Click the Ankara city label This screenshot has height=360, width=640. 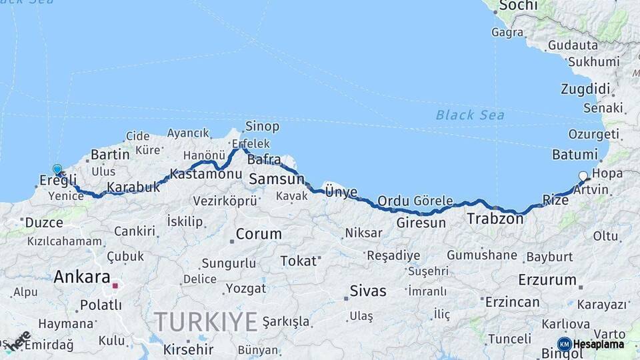click(x=82, y=276)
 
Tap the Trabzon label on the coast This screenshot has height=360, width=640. click(x=495, y=218)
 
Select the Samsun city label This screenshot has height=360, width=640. click(x=276, y=179)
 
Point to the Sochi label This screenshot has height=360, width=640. click(x=517, y=6)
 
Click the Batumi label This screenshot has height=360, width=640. click(x=574, y=154)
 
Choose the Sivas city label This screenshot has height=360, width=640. click(x=368, y=291)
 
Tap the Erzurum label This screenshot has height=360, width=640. click(x=547, y=279)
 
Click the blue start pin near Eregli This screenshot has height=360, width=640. click(x=57, y=171)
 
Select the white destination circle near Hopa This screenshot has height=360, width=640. click(x=583, y=176)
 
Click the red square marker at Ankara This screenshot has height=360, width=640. click(x=115, y=286)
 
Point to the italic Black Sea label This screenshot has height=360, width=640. click(x=470, y=115)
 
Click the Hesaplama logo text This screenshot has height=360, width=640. click(x=598, y=344)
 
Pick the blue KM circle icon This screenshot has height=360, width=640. click(x=564, y=344)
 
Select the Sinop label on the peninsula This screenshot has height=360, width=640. click(x=262, y=126)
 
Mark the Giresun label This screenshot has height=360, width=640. click(x=421, y=223)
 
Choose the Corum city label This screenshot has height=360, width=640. click(x=259, y=235)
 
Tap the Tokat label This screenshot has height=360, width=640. click(x=298, y=261)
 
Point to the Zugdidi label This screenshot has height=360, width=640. click(x=585, y=89)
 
